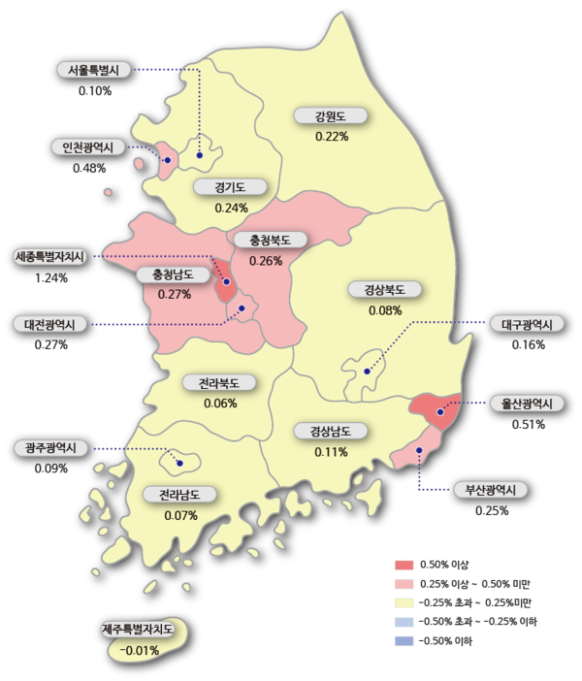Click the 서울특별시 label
click(x=94, y=70)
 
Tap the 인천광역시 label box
click(x=87, y=147)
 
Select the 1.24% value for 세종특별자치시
click(x=50, y=277)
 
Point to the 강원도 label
click(x=332, y=116)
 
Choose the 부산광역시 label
click(x=491, y=490)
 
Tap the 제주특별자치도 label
click(x=140, y=630)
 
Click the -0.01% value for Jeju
click(x=140, y=650)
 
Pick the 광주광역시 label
click(x=51, y=448)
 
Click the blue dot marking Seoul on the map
click(x=200, y=154)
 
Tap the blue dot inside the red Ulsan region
click(x=440, y=411)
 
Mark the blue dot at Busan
click(x=418, y=451)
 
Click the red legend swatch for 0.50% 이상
click(x=404, y=565)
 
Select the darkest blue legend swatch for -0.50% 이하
click(x=404, y=641)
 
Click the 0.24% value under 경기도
click(x=232, y=208)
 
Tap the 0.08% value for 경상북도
click(x=385, y=310)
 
